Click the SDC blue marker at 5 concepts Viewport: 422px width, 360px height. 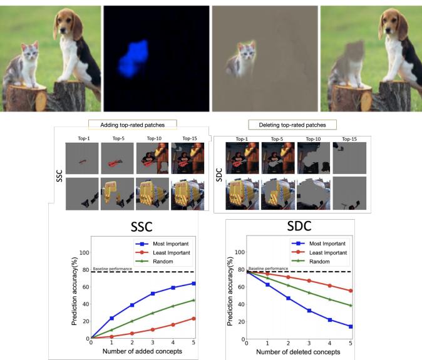350,326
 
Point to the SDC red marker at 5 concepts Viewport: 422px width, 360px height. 350,291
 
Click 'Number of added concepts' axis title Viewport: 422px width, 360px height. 143,352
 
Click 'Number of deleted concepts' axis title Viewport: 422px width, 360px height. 299,352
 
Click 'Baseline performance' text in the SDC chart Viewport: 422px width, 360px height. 265,268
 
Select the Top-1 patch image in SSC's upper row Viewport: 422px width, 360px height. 81,157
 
